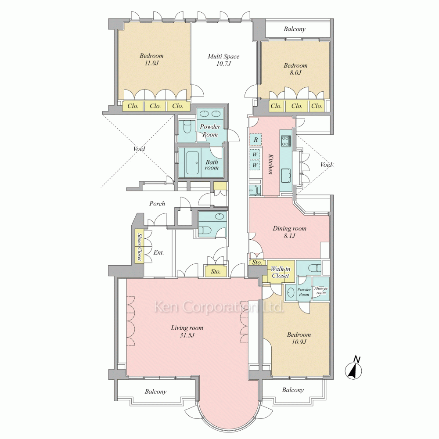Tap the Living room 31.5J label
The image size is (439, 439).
pos(187,331)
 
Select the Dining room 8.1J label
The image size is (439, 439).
pos(289,232)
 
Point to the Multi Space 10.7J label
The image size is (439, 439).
pos(223,60)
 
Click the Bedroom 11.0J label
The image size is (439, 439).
pos(151,59)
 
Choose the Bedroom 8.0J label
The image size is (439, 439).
pos(295,69)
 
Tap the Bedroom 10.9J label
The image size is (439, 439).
pos(299,338)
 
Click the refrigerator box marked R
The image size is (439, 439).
pos(255,140)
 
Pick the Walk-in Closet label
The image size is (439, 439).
pos(281,273)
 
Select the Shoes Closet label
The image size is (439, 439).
pos(139,247)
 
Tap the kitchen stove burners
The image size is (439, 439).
pos(286,141)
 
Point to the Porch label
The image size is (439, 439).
pos(157,204)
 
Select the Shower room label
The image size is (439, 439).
pos(321,291)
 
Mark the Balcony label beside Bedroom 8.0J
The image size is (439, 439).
pos(295,29)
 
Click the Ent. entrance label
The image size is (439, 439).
pos(158,252)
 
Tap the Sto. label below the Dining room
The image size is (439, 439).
pos(257,263)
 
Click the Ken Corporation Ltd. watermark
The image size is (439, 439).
pos(219,307)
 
